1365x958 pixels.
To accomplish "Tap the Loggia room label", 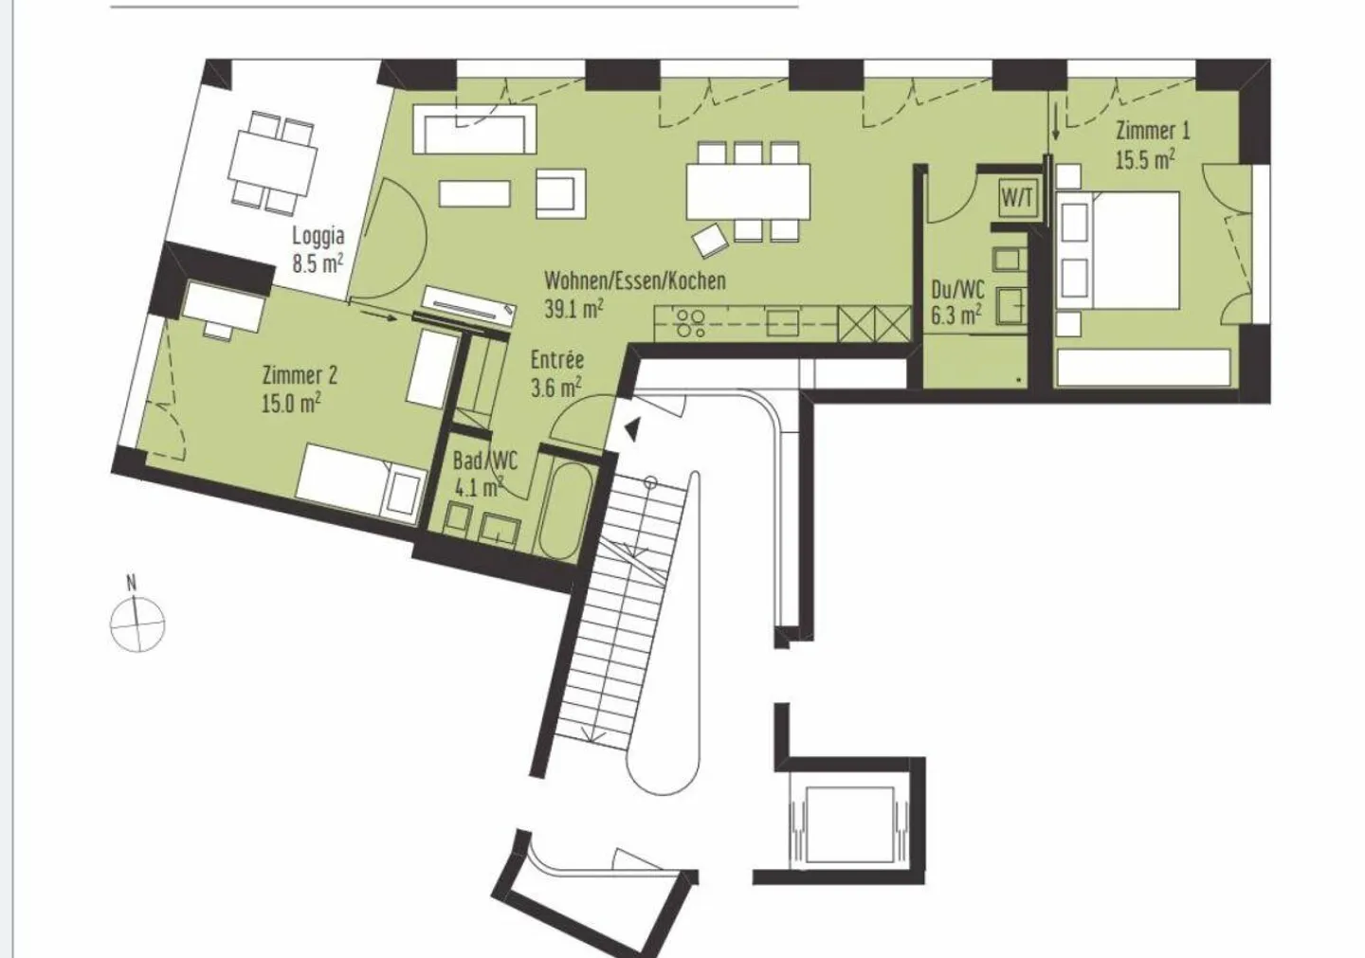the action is click(318, 236).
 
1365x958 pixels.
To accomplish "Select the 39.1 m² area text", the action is click(574, 309).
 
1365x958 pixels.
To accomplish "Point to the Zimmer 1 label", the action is click(1153, 131).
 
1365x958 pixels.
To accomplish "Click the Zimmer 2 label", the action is click(300, 375).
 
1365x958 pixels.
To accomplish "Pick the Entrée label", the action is click(557, 359).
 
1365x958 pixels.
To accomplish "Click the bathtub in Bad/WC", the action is click(567, 511).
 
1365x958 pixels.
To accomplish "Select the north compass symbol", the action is click(137, 622).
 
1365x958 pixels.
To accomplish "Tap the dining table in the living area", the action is click(748, 191).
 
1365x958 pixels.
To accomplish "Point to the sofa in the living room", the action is click(475, 129).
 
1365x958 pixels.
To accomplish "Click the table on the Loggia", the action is click(273, 164).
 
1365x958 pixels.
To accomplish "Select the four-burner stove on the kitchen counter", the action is click(690, 323).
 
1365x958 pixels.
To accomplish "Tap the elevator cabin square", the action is click(850, 824).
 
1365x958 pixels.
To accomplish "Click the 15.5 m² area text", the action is click(1146, 160).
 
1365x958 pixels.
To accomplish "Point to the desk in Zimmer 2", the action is click(224, 306).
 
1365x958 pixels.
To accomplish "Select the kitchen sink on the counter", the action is click(783, 323).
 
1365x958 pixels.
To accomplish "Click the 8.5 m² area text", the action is click(318, 264).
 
